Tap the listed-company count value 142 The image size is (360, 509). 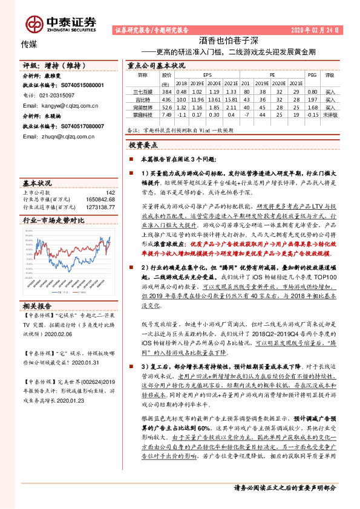[110, 192]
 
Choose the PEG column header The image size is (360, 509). [312, 75]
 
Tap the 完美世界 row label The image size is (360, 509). [143, 105]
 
